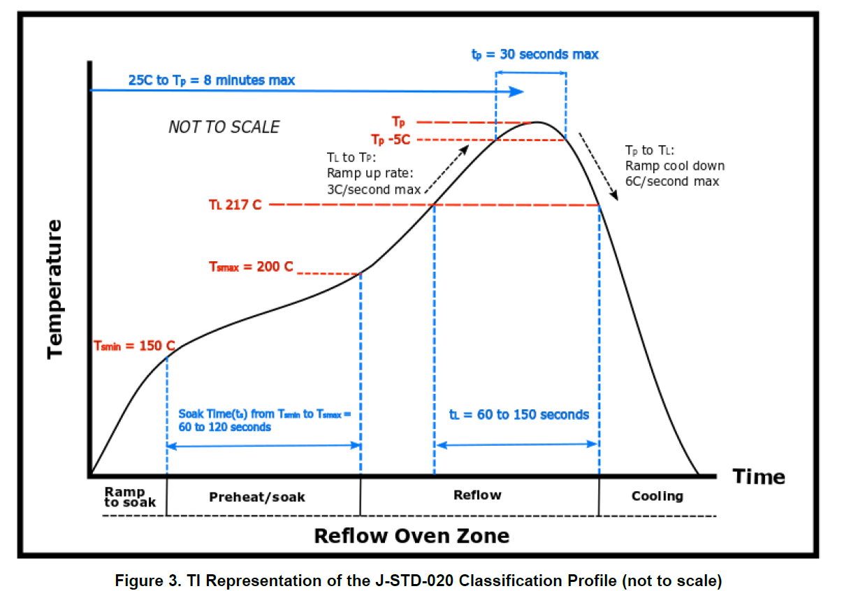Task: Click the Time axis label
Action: (x=759, y=477)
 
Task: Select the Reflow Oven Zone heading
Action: (x=412, y=536)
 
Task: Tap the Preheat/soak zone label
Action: (x=257, y=497)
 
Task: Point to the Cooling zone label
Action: (x=657, y=496)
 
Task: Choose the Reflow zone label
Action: (x=477, y=495)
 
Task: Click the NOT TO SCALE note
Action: (x=224, y=127)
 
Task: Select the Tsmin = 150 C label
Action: (x=134, y=346)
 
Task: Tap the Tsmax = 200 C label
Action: (x=251, y=266)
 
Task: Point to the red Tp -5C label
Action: (x=391, y=139)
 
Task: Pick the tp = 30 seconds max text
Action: (x=535, y=54)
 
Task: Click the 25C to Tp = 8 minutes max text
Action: (x=212, y=80)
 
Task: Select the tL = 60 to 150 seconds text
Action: (x=518, y=415)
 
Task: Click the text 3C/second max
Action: (x=374, y=189)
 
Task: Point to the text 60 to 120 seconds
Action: (x=224, y=427)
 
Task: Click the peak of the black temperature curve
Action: (x=537, y=122)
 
